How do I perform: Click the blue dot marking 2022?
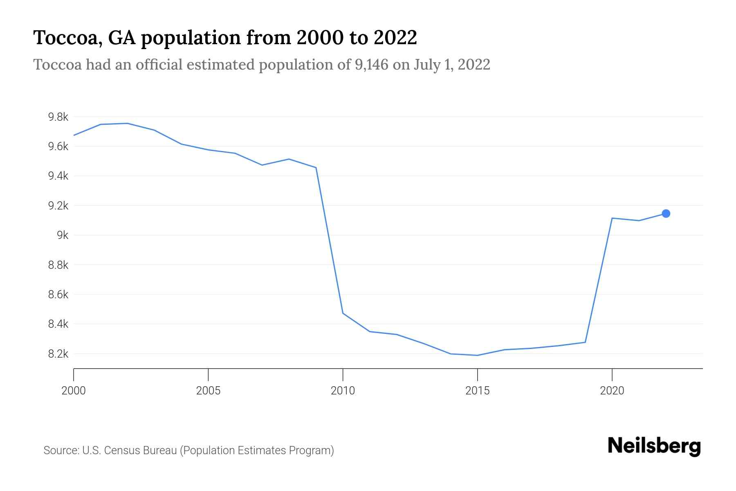point(666,214)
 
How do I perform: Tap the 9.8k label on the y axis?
point(58,117)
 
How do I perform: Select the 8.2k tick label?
point(58,354)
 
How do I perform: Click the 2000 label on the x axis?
point(74,391)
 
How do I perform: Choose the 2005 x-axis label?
point(208,391)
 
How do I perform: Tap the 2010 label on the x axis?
point(343,391)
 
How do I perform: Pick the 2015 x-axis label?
point(477,391)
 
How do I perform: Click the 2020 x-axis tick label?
point(612,391)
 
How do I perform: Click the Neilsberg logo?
point(654,446)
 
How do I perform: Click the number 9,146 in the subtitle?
point(371,65)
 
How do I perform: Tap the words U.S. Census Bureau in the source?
point(130,450)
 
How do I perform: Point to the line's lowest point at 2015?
point(477,355)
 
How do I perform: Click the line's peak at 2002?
point(128,123)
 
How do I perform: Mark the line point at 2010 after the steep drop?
point(343,313)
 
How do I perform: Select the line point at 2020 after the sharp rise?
point(612,218)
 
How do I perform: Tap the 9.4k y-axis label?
point(58,176)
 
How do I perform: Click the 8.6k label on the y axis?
point(58,295)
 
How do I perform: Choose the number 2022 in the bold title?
point(395,38)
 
